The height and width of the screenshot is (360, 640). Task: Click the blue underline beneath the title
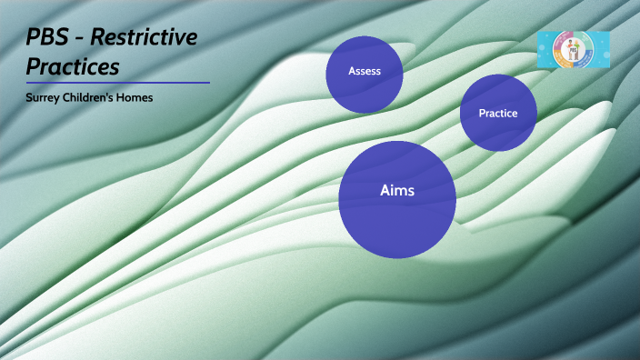118,83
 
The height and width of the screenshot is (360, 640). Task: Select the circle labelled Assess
365,86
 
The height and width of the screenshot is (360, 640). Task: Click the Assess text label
365,71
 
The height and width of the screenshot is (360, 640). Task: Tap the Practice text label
498,114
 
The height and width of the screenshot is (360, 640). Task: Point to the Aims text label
397,191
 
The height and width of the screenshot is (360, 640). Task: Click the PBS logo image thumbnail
574,50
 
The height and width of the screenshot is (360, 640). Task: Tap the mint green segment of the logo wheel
584,42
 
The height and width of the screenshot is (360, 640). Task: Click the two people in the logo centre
574,50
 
